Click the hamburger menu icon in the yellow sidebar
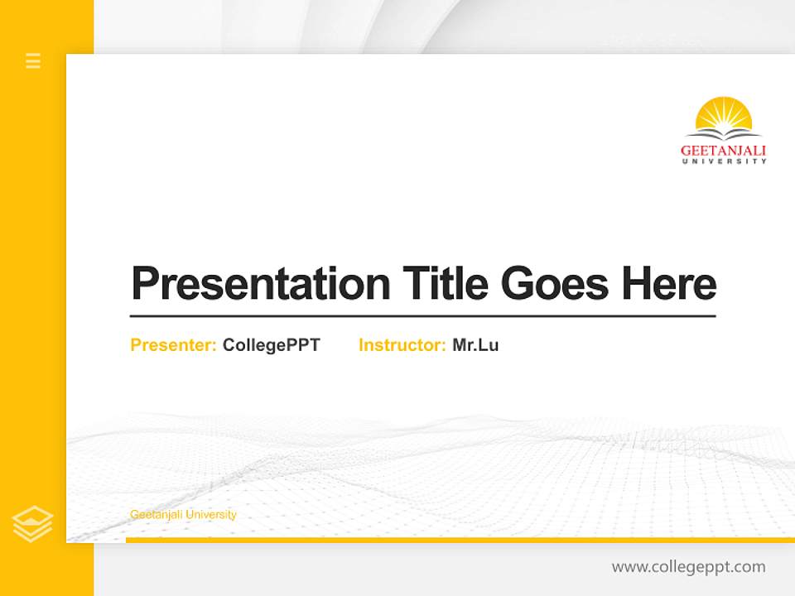point(33,60)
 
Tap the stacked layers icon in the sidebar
point(33,524)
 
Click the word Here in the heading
point(669,283)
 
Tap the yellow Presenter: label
point(173,345)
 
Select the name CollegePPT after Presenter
point(271,345)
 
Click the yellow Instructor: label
point(402,345)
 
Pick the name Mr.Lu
point(475,345)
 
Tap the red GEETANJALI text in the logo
point(723,151)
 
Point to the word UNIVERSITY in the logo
point(724,161)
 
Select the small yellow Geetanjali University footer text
point(183,515)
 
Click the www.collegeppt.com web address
point(688,567)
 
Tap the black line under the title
point(422,316)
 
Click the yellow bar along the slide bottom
point(460,540)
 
